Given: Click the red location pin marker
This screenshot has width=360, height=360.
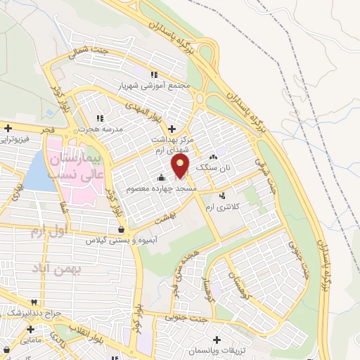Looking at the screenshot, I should (181, 166).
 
